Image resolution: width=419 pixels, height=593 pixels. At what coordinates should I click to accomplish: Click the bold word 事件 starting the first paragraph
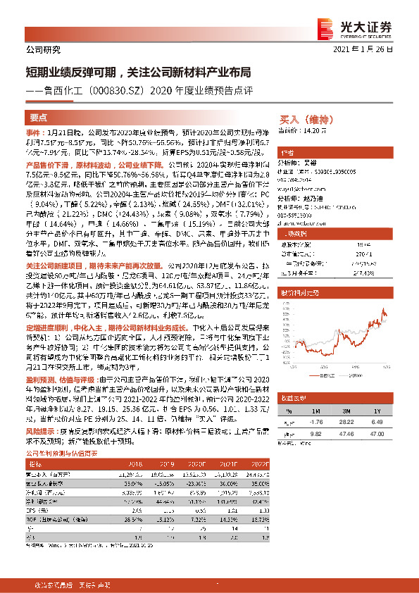[x=35, y=132]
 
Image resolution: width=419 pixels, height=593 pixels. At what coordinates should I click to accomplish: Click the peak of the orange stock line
[x=383, y=308]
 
